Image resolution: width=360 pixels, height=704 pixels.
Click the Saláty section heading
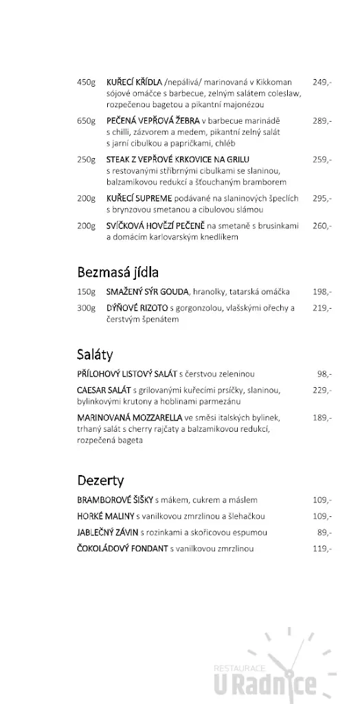[95, 355]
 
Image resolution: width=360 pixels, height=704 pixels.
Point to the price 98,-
[324, 374]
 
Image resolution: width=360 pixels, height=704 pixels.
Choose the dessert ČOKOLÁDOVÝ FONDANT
[122, 549]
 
